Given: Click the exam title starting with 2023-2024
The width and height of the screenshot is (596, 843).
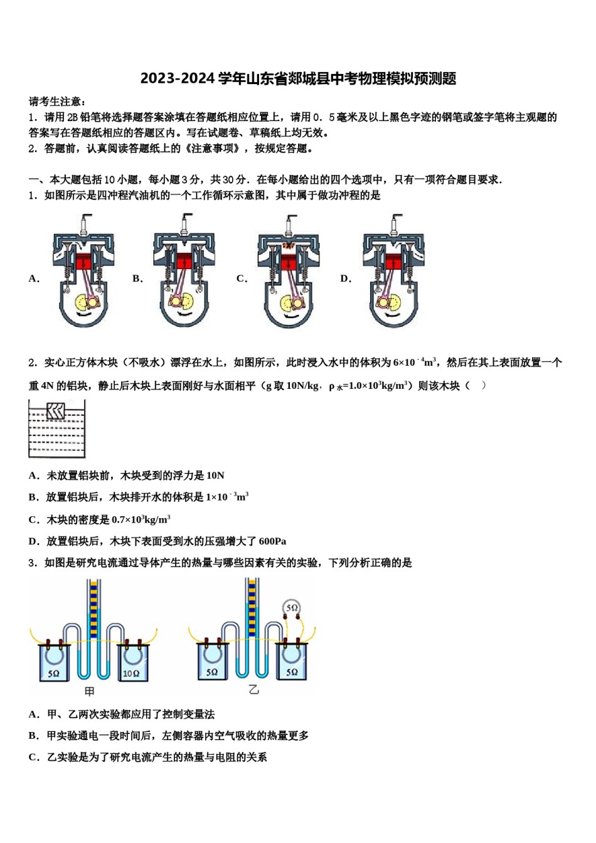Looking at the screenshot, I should click(298, 78).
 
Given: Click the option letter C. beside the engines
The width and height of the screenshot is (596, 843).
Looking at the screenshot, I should click(242, 278).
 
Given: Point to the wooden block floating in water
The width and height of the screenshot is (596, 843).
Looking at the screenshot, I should click(56, 411).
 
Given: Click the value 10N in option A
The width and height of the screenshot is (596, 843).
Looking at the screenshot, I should click(215, 475).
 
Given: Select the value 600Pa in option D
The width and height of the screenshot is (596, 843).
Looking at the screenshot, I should click(272, 541).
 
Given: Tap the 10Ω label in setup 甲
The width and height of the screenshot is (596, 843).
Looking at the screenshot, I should click(130, 674).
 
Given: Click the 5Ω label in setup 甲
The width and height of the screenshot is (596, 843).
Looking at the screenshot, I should click(53, 674).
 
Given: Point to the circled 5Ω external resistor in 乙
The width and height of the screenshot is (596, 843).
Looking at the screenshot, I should click(292, 607).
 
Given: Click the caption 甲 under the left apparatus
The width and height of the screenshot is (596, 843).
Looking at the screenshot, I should click(90, 691).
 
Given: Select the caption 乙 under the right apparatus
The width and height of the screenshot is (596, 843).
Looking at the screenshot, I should click(253, 690).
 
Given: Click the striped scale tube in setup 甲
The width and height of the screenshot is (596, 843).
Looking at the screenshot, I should click(94, 608).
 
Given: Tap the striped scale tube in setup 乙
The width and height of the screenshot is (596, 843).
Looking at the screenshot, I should click(252, 605).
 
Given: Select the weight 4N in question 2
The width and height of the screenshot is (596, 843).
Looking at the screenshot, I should click(47, 386).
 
